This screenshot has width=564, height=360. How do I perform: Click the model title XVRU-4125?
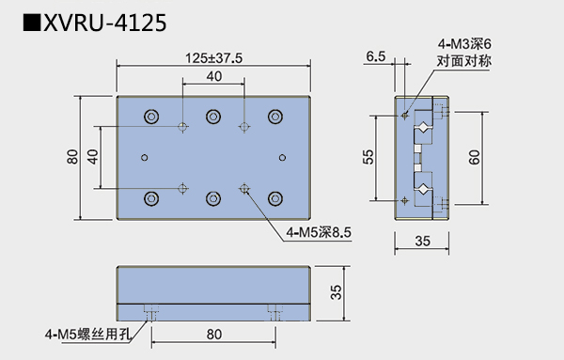coord(104,23)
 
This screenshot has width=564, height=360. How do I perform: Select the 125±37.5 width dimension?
coord(213,58)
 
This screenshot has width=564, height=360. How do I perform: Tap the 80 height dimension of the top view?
coord(72,157)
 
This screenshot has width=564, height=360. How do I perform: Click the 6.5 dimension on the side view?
coord(375,56)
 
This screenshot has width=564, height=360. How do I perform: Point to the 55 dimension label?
coord(368,157)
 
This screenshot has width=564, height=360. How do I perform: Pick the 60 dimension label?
coord(474,157)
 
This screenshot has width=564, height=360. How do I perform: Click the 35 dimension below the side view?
coord(422,241)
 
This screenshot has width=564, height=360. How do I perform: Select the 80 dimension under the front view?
coord(213,335)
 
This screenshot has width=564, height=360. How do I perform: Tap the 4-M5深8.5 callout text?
coord(319,232)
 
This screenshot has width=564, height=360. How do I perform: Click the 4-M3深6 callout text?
coord(464,44)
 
